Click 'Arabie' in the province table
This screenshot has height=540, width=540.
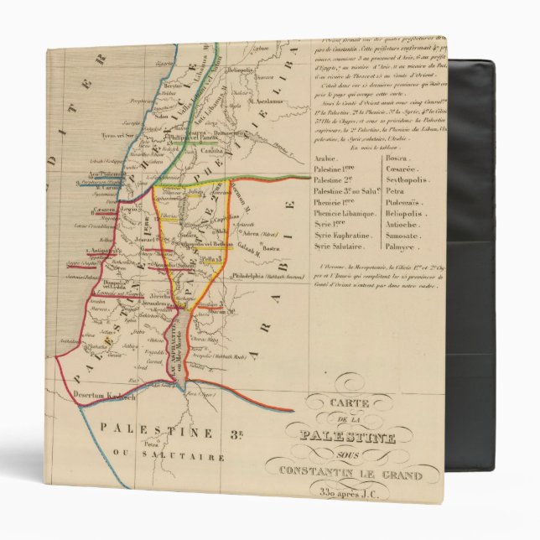pos(339,157)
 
